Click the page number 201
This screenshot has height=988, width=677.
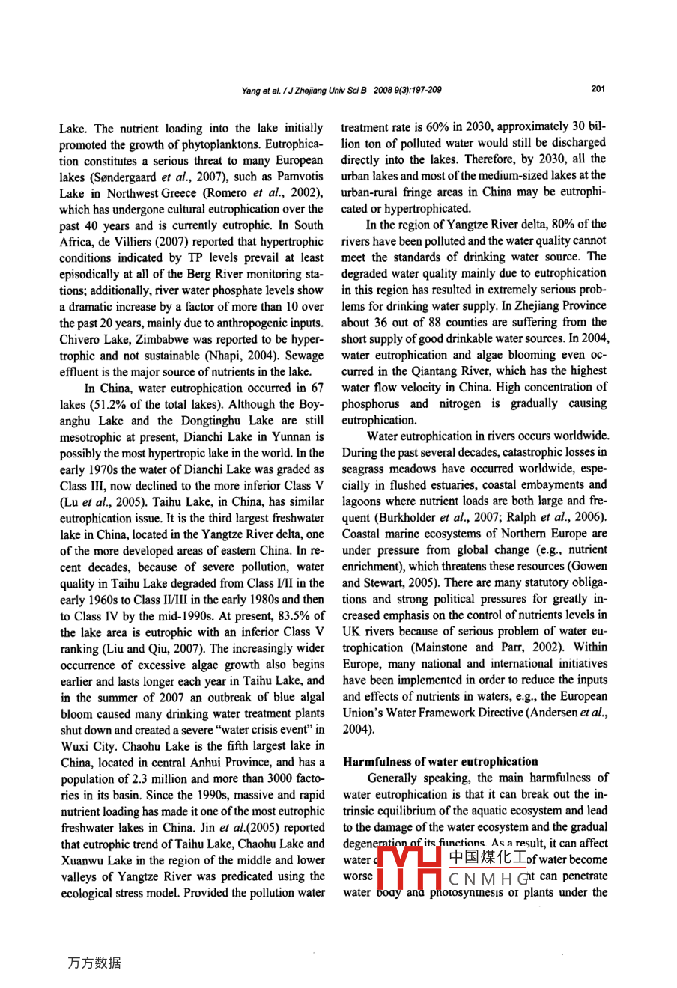coord(598,89)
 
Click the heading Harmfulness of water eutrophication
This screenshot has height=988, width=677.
coord(440,762)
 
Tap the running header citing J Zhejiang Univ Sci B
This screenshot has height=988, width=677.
coord(341,90)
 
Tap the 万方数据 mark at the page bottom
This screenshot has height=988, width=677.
coord(93,963)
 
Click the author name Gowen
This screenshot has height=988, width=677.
coord(589,566)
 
